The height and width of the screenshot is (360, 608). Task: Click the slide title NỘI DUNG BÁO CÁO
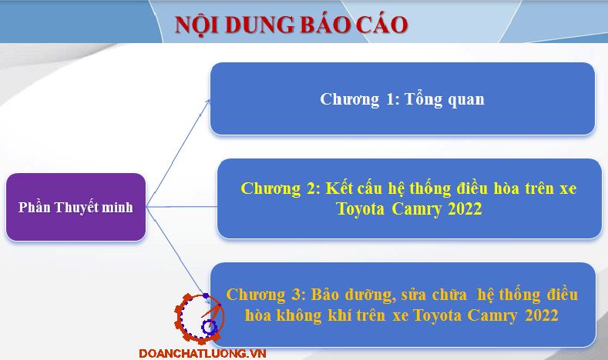291,24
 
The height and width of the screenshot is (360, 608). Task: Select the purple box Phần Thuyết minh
76,207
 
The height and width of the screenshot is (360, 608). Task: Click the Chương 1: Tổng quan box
402,98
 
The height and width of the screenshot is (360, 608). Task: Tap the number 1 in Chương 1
390,99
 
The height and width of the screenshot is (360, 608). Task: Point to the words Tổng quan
445,99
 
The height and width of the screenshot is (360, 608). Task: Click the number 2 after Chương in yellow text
311,188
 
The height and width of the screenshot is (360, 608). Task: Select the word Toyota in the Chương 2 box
360,209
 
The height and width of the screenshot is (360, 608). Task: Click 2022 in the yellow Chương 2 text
465,209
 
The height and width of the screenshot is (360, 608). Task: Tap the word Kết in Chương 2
339,188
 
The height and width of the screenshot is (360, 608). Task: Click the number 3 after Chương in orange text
296,295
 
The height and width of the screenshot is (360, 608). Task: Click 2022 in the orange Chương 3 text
541,315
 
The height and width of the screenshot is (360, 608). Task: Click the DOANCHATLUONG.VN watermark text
203,353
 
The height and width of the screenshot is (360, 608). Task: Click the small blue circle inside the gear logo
210,327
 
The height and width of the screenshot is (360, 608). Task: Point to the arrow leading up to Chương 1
178,153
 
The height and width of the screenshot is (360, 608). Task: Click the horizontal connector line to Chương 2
182,207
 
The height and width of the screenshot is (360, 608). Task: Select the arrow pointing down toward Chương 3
176,251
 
